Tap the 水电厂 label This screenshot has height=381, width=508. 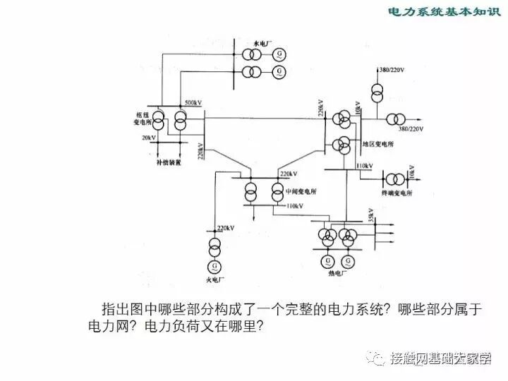click(252, 42)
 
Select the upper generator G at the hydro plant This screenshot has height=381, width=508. click(281, 54)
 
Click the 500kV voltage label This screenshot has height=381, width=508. click(193, 103)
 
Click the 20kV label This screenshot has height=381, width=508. click(148, 137)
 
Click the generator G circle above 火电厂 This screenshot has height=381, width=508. click(212, 266)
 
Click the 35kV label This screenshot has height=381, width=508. click(370, 214)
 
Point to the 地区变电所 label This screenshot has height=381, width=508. click(378, 144)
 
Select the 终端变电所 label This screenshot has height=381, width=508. click(396, 192)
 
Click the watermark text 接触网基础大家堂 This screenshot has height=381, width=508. click(440, 358)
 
